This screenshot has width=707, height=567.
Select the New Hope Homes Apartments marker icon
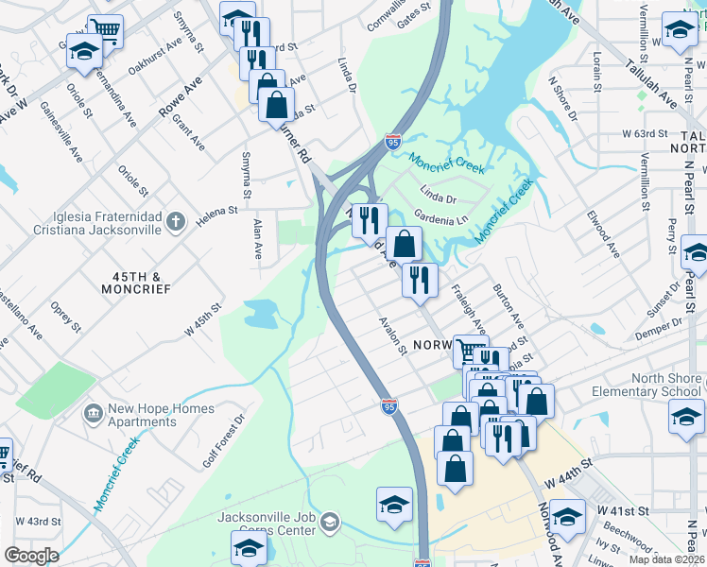[93, 413]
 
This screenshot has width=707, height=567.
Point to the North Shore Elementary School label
[647, 385]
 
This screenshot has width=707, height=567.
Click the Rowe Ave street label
[181, 97]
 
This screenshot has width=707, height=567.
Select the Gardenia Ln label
[441, 219]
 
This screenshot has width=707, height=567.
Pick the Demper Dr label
[658, 324]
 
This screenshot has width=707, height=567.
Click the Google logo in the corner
[31, 556]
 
